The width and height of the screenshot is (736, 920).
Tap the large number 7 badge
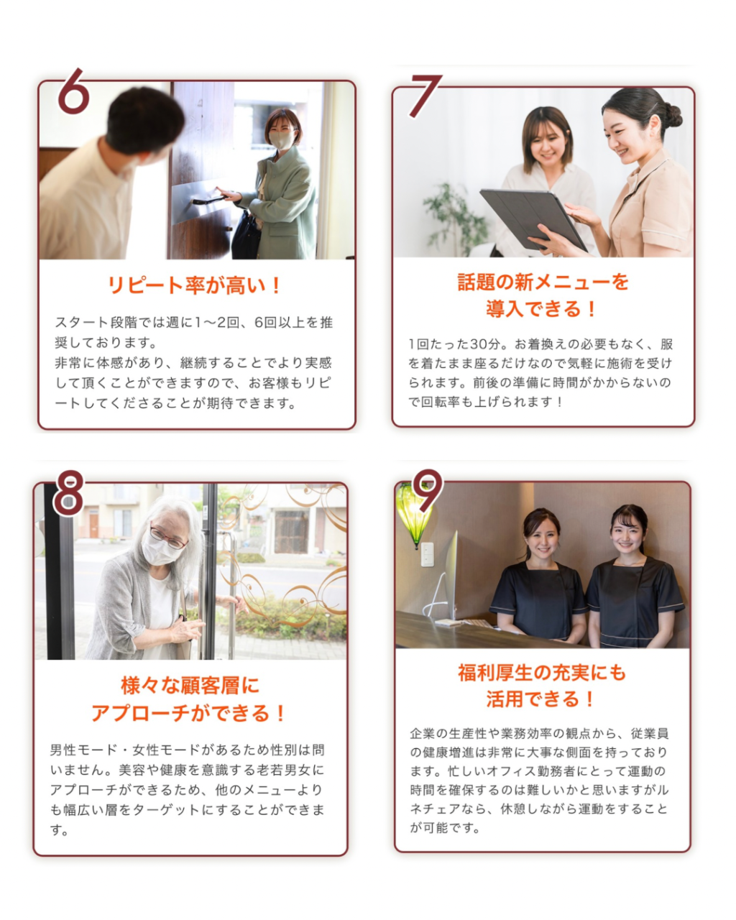coord(426,95)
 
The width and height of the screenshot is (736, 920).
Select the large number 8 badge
coord(68,493)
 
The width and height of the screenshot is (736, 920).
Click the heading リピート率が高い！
coord(195,285)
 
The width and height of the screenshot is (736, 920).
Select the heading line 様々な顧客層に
coord(190,686)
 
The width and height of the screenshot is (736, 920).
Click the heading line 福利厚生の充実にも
coord(542,673)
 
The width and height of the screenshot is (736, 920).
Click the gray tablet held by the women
coord(533,218)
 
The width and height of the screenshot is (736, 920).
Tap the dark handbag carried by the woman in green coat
coord(246,236)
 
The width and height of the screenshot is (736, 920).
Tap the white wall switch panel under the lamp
coord(427,554)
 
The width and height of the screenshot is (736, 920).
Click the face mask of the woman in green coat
coord(281,139)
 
